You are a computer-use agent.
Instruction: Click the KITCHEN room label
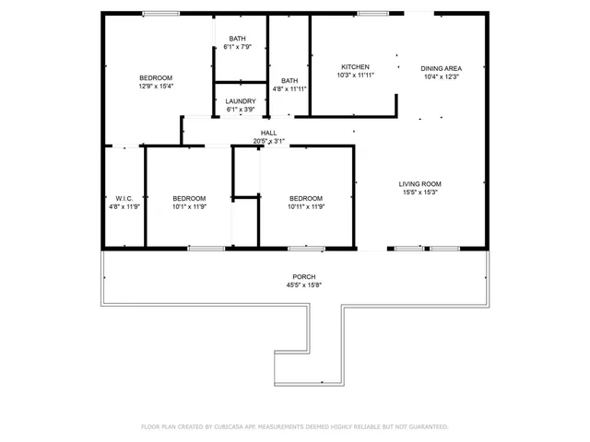pyautogui.click(x=355, y=67)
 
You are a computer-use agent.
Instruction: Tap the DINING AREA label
pyautogui.click(x=441, y=68)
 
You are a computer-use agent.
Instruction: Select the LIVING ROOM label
pyautogui.click(x=419, y=183)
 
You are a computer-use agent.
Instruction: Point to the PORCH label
pyautogui.click(x=303, y=276)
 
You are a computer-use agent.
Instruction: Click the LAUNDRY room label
pyautogui.click(x=241, y=101)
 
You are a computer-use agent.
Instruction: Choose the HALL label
pyautogui.click(x=268, y=133)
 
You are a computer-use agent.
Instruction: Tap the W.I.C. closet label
pyautogui.click(x=124, y=198)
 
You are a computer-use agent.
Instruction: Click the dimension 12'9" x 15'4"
pyautogui.click(x=156, y=86)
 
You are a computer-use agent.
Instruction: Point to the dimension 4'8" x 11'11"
pyautogui.click(x=289, y=88)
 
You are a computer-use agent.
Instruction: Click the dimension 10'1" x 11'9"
pyautogui.click(x=189, y=206)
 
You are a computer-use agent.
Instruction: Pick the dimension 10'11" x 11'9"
pyautogui.click(x=306, y=206)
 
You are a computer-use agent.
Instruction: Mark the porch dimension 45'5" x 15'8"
pyautogui.click(x=303, y=285)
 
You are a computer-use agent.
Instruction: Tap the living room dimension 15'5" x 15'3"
pyautogui.click(x=419, y=192)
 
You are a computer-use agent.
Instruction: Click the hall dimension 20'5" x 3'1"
pyautogui.click(x=268, y=141)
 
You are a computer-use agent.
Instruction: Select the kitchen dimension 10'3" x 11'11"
pyautogui.click(x=355, y=76)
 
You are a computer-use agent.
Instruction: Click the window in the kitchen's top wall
pyautogui.click(x=372, y=13)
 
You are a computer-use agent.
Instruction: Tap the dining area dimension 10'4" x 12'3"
pyautogui.click(x=441, y=76)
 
